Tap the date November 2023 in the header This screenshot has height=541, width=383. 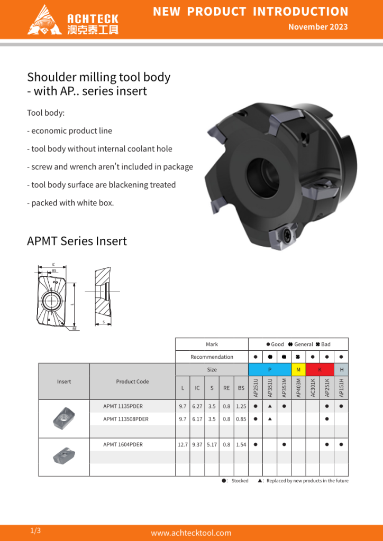click(x=318, y=27)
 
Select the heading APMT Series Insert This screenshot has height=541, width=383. click(x=77, y=241)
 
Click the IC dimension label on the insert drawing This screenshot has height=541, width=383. click(x=53, y=265)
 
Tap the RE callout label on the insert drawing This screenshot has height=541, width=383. click(x=75, y=329)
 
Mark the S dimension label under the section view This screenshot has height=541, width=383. click(x=104, y=322)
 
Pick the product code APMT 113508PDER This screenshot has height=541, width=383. click(x=126, y=419)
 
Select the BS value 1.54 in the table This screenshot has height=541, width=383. click(x=241, y=444)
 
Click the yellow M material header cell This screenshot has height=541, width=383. click(x=298, y=369)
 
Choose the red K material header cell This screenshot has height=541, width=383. click(x=320, y=369)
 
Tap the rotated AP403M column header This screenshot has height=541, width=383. click(x=298, y=388)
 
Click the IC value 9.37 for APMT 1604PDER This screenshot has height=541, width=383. click(x=197, y=444)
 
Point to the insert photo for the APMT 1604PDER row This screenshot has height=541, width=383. click(x=63, y=453)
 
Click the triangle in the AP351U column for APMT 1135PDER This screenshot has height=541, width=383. click(x=270, y=406)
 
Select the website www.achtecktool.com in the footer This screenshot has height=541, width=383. click(x=191, y=533)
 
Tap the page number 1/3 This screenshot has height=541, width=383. click(x=35, y=530)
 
